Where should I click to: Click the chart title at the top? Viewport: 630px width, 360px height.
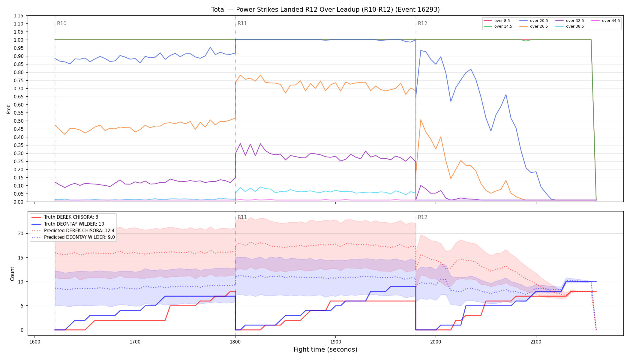(325, 10)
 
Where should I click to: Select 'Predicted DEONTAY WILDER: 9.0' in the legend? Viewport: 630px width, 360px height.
(73, 237)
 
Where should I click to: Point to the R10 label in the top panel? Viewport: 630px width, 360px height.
(62, 23)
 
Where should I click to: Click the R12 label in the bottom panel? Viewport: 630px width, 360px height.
(422, 217)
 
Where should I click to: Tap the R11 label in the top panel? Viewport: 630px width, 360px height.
(242, 23)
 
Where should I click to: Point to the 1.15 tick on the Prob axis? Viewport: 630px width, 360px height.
(18, 16)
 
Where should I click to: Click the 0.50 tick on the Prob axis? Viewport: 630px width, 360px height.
(18, 121)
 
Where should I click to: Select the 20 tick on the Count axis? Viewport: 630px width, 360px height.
(21, 233)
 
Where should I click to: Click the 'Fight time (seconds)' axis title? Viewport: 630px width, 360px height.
(325, 349)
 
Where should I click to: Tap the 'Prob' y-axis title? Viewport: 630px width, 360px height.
(9, 109)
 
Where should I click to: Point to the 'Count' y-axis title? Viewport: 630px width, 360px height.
(12, 274)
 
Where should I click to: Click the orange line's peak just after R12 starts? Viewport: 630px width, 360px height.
(421, 120)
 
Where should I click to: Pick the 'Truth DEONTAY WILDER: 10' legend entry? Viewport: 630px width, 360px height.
(68, 224)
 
